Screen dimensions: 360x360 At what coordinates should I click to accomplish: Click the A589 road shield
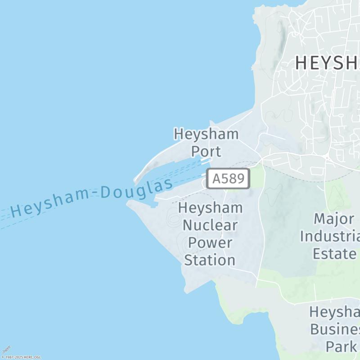[x=228, y=179]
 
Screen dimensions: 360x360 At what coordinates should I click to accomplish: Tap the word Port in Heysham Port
[x=206, y=151]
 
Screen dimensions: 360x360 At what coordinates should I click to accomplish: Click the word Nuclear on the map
[x=210, y=225]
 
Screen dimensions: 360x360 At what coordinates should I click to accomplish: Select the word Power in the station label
[x=210, y=243]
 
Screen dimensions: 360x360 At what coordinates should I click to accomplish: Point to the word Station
[x=210, y=260]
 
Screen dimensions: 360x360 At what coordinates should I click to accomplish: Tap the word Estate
[x=334, y=253]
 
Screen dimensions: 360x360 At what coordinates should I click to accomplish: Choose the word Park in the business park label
[x=341, y=346]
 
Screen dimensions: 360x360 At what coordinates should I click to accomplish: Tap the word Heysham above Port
[x=206, y=134]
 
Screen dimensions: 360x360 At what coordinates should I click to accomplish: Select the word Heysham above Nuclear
[x=210, y=208]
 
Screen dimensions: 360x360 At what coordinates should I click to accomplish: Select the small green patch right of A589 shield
[x=256, y=176]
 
